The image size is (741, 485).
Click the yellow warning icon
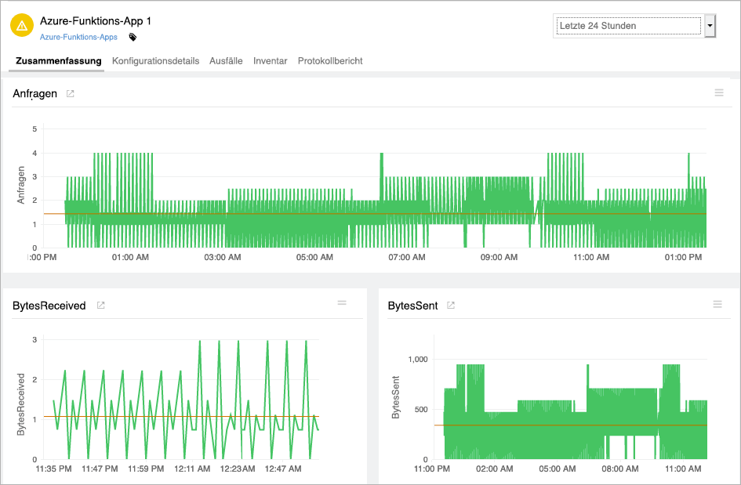[21, 26]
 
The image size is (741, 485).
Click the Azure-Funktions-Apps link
[78, 37]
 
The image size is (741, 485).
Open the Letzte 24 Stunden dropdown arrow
[710, 26]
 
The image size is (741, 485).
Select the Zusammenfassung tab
[59, 61]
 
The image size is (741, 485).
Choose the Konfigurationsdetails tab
[155, 61]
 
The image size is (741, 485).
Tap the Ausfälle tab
[226, 61]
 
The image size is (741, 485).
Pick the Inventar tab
[270, 61]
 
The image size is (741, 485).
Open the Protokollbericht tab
[330, 61]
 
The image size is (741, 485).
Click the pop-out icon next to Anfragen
[71, 94]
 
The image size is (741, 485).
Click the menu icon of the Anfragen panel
[719, 93]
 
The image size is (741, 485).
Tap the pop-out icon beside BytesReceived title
[100, 306]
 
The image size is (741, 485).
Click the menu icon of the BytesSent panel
[717, 304]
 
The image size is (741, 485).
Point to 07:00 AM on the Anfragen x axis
[407, 257]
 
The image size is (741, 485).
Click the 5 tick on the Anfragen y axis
[35, 128]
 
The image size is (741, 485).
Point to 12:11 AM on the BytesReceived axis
[192, 469]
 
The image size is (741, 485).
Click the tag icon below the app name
[133, 37]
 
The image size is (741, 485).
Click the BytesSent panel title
[412, 306]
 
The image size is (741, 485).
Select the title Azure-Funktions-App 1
[95, 21]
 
